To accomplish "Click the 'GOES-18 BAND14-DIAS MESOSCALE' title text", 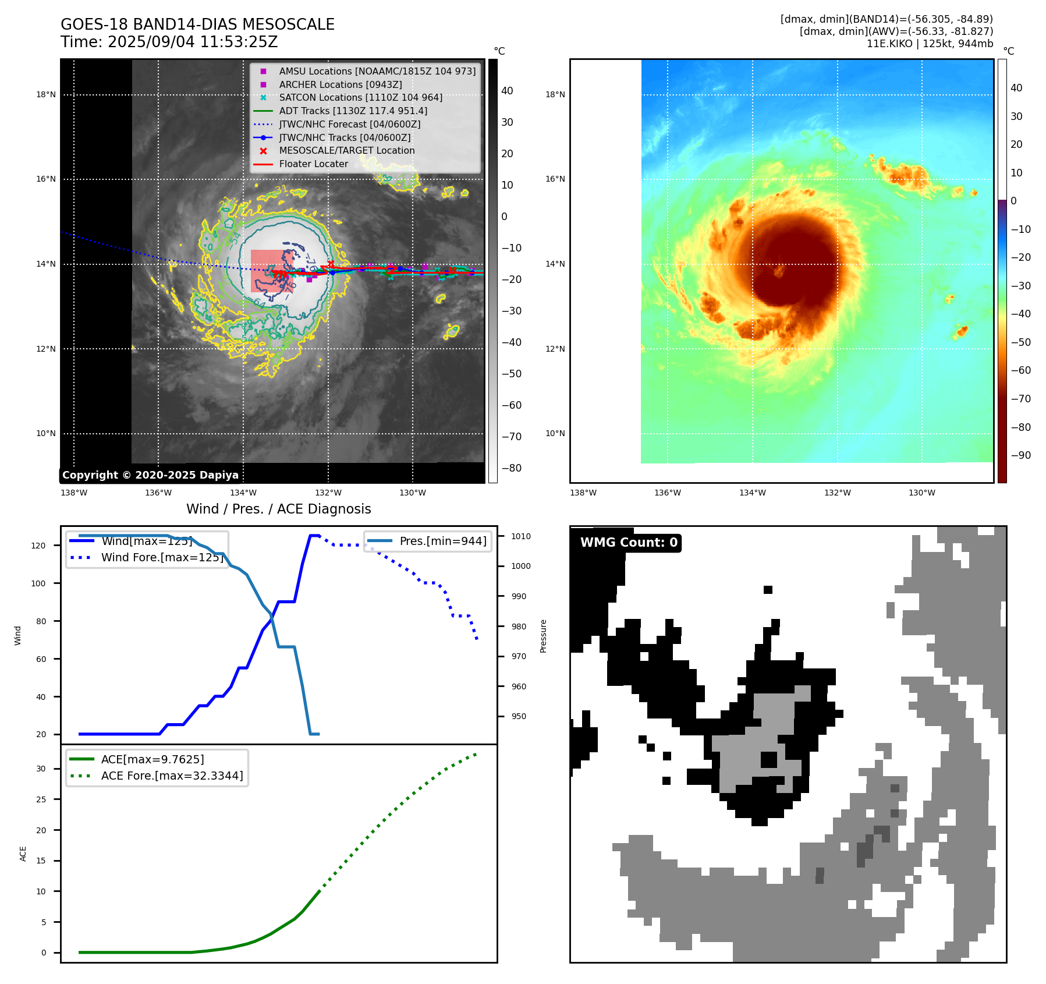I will [197, 24].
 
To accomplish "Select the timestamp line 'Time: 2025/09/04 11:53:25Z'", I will [169, 42].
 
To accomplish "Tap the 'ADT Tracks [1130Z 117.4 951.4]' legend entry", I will [353, 111].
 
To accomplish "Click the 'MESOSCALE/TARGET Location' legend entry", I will [347, 150].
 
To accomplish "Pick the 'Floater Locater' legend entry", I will [313, 164].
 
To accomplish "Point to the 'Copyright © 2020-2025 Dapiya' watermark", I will [150, 475].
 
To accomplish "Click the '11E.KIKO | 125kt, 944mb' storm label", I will [930, 43].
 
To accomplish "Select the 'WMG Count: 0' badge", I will [629, 543].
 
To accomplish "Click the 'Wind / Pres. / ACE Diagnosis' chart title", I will [278, 509].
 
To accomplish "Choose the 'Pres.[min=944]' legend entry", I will [442, 541].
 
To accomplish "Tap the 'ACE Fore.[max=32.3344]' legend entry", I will [172, 776].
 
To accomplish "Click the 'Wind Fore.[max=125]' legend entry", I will [162, 557].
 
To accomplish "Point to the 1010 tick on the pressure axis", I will [521, 536].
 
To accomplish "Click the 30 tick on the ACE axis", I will [41, 769].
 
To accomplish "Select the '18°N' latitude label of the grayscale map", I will [46, 94].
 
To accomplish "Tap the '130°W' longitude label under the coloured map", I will [922, 493].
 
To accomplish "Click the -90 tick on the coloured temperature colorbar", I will [1020, 455].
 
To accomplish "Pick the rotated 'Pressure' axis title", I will [543, 636].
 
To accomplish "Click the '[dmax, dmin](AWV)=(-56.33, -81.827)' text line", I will [896, 31].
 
